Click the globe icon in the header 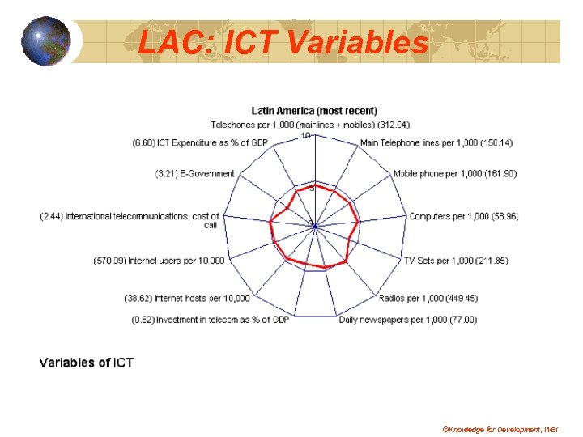pos(45,40)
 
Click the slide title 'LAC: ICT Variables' pos(283,41)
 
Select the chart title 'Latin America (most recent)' pos(314,111)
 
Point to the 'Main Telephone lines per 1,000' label pos(436,143)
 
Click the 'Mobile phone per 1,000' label pos(455,174)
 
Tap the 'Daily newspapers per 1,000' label pos(408,320)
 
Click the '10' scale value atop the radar pos(306,136)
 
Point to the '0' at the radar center pos(310,223)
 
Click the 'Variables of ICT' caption pos(87,363)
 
